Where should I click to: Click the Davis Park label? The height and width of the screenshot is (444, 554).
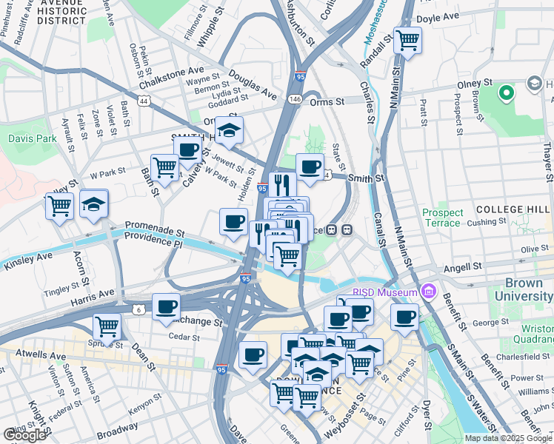tap(28, 138)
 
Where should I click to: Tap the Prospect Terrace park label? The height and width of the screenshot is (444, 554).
tap(443, 218)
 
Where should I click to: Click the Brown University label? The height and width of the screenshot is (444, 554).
tap(529, 289)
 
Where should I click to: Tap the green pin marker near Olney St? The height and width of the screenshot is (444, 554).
tap(507, 93)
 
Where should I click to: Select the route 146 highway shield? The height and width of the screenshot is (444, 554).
tap(295, 98)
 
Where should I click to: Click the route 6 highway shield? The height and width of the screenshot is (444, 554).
tap(138, 309)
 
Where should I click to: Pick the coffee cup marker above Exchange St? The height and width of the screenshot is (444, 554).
tap(166, 306)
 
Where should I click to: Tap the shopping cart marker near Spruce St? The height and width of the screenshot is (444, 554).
tap(107, 327)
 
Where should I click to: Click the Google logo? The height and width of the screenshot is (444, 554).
tap(25, 435)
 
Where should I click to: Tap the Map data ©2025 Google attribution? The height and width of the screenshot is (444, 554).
tap(508, 438)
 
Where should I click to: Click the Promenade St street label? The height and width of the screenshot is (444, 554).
tap(153, 224)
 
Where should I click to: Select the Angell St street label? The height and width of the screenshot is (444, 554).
tap(464, 266)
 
